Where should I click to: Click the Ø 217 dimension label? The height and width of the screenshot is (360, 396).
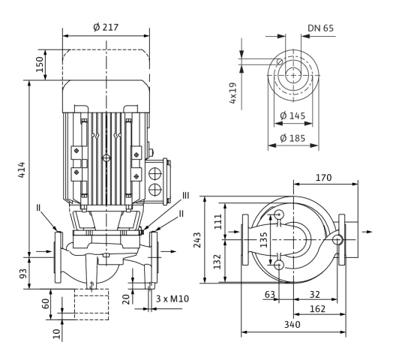[x=106, y=27]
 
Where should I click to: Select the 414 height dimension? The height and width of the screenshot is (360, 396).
[x=22, y=169]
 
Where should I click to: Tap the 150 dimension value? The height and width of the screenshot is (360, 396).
[x=40, y=64]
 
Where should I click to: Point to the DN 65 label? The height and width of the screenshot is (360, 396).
[x=320, y=28]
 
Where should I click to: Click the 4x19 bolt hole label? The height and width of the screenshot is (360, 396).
[x=232, y=93]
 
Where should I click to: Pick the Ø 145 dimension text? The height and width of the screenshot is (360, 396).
[x=292, y=115]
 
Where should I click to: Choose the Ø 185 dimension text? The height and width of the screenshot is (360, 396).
[x=292, y=138]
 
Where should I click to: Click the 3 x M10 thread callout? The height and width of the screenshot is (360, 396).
[x=172, y=298]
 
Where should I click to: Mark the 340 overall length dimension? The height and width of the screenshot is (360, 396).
[x=292, y=324]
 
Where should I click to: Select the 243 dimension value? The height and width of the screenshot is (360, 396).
[x=197, y=240]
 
